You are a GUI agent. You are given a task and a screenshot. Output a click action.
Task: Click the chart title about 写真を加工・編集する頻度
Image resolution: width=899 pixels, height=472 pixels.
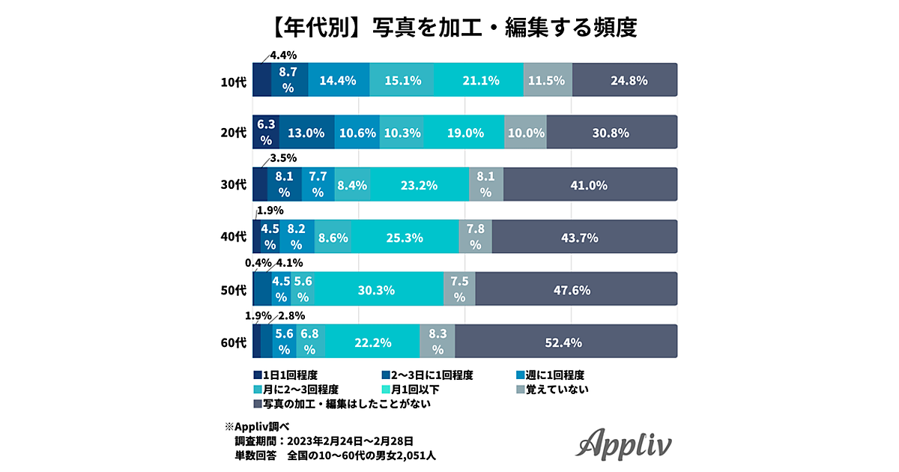tap(449, 28)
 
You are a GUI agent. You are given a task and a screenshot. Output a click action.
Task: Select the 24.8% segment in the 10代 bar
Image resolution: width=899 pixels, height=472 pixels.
tap(625, 80)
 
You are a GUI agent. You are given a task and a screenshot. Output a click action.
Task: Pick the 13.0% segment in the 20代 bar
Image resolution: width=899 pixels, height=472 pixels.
tap(306, 133)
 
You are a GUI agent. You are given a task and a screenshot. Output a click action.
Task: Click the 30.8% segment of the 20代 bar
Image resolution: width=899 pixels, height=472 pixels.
tap(612, 133)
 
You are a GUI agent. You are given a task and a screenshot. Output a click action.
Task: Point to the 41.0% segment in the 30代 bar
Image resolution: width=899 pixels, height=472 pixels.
tap(590, 185)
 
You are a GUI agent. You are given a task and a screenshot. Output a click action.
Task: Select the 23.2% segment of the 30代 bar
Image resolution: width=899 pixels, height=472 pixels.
tap(420, 185)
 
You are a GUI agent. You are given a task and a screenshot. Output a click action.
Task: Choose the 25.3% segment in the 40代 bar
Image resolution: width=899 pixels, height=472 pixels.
tap(405, 237)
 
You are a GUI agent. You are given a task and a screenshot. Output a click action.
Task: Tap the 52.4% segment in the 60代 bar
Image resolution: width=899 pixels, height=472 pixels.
tap(566, 342)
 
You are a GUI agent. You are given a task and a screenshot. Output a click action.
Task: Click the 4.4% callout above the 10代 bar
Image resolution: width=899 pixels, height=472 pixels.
tap(284, 55)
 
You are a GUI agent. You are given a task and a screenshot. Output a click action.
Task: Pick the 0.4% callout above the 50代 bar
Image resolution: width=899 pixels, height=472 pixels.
tap(257, 263)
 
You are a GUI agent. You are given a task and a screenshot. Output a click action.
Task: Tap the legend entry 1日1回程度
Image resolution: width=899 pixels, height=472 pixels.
tap(292, 375)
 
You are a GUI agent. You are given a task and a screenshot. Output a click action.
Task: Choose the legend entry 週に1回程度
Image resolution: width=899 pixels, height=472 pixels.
tap(555, 375)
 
